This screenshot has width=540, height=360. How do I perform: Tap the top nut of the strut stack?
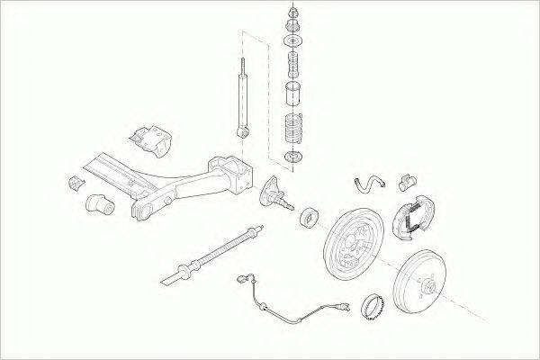coord(291,12)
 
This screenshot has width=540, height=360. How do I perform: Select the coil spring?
coord(291,127)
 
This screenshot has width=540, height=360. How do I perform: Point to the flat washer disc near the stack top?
coord(291,42)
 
